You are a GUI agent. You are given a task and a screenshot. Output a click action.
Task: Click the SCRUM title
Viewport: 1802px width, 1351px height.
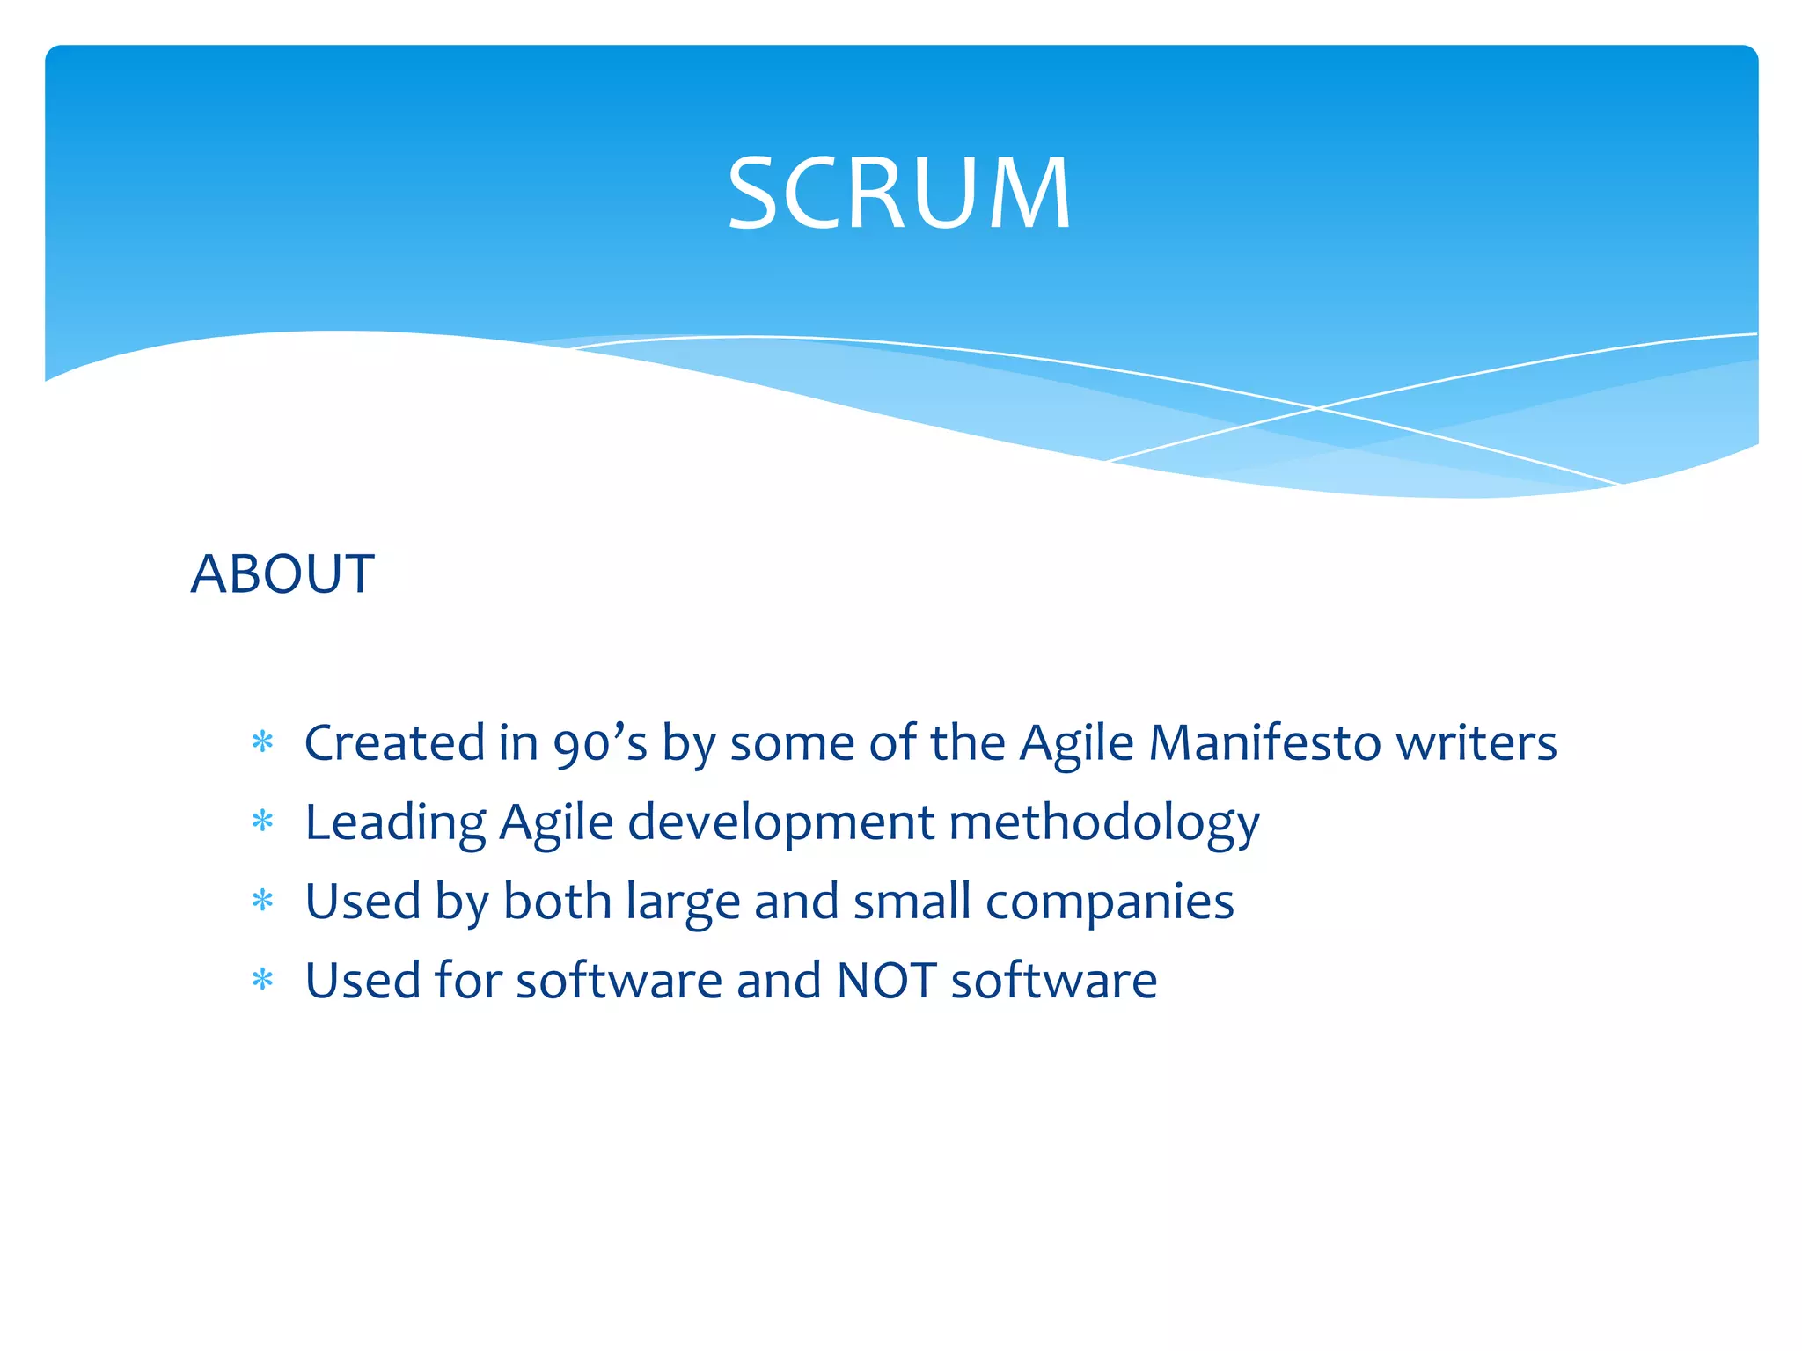coord(899,193)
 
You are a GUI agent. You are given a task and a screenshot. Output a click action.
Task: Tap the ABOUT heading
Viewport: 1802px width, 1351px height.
coord(282,574)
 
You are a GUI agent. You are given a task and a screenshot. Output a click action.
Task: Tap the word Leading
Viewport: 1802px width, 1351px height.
coord(394,822)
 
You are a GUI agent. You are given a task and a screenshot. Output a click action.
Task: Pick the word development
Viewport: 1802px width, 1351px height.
coord(780,822)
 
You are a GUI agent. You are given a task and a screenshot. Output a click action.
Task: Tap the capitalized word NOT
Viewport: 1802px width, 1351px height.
coord(886,981)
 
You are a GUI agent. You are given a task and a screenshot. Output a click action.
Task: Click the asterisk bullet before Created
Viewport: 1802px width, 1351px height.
coord(262,742)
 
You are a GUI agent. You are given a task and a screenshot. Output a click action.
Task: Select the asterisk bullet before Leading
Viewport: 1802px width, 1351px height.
coord(262,822)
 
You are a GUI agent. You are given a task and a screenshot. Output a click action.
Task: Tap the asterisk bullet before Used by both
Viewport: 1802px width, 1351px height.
coord(262,901)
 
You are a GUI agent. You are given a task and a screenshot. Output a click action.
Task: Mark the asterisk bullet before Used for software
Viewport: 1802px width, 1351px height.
coord(262,980)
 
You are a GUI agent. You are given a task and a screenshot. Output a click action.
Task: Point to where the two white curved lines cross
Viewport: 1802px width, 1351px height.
coord(1317,408)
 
